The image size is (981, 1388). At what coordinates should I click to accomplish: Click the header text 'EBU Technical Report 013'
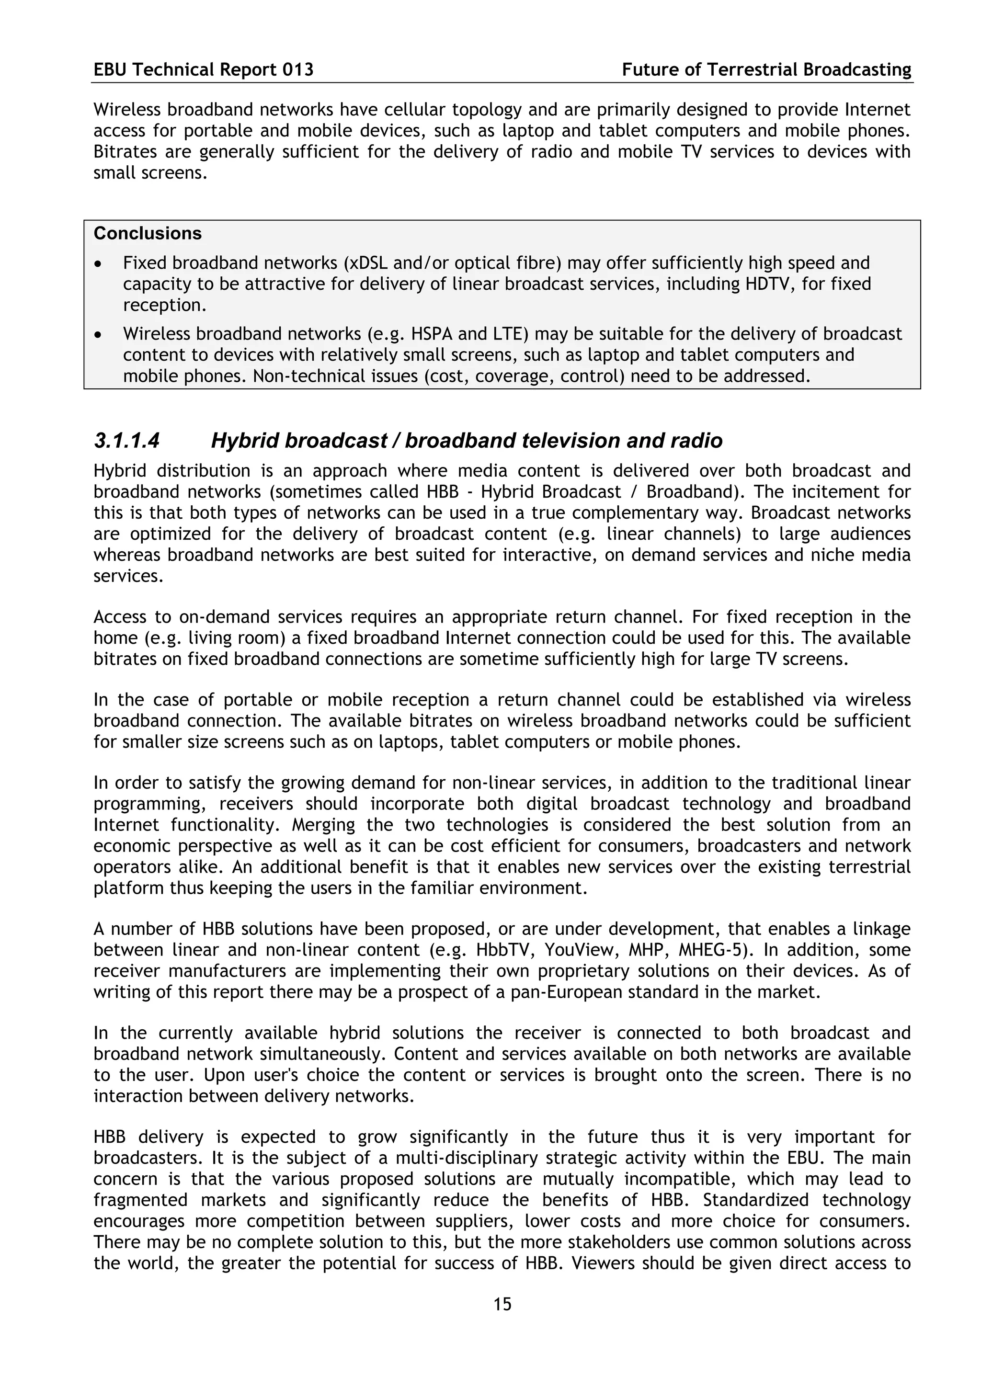tap(204, 70)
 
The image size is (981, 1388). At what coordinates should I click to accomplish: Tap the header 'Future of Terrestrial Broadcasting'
tap(766, 70)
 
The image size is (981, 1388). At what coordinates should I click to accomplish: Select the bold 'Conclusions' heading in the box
tap(148, 233)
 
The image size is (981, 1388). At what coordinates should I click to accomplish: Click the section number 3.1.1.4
tap(126, 441)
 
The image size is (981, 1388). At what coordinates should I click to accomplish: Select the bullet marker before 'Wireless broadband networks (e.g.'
tap(99, 335)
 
